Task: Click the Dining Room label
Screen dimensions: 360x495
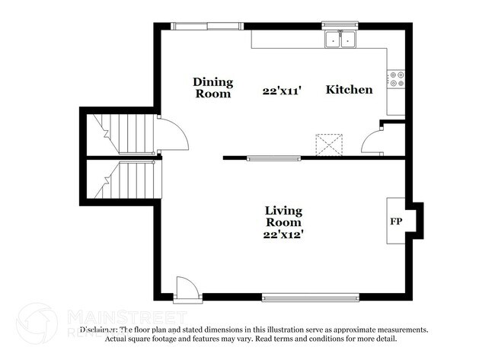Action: point(213,88)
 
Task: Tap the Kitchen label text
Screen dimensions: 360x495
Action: point(350,90)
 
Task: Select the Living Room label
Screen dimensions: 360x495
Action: point(283,216)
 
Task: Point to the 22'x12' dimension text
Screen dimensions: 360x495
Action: point(283,235)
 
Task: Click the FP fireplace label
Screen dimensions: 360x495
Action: point(396,222)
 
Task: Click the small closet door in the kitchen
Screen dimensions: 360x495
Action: point(374,142)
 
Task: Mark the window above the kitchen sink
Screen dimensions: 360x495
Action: point(340,25)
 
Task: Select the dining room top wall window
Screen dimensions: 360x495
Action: point(203,26)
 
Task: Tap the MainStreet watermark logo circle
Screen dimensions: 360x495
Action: point(36,320)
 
